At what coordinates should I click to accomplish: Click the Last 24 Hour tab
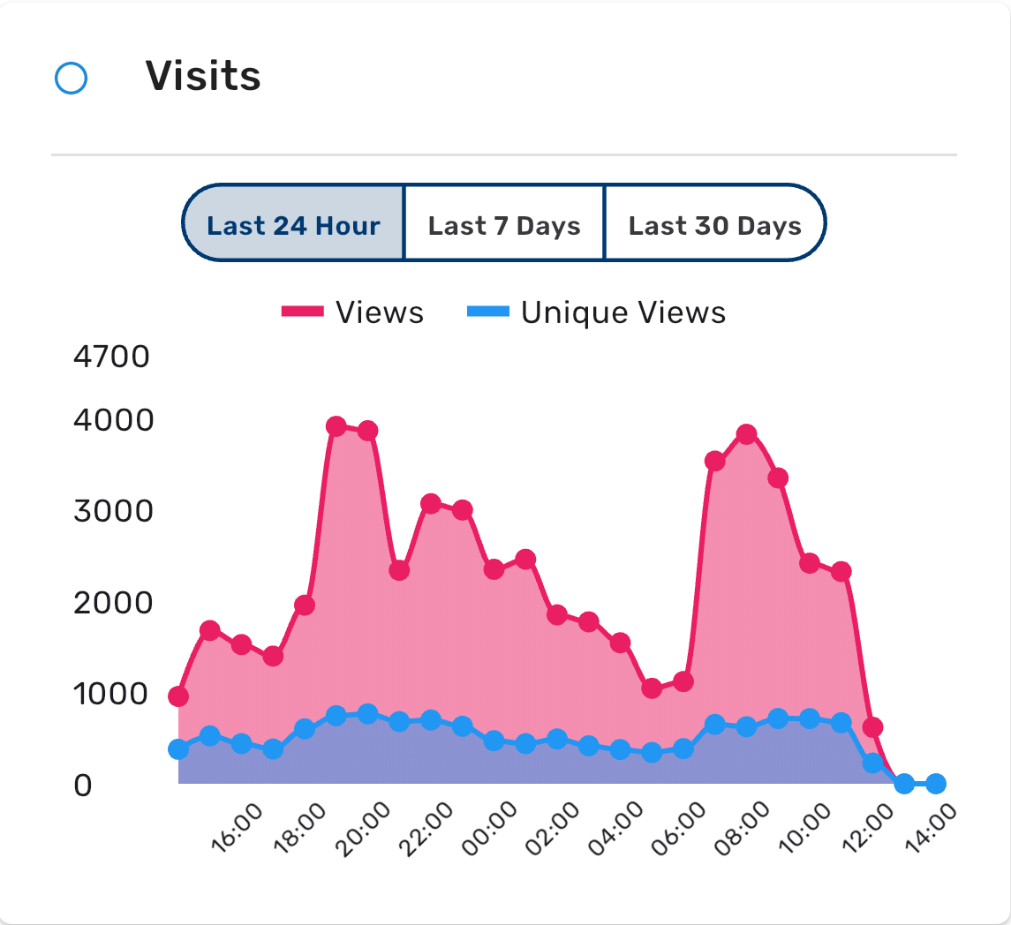tap(293, 225)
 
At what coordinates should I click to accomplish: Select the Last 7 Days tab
tap(504, 225)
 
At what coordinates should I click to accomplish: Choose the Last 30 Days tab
tap(714, 225)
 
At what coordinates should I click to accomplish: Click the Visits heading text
tap(203, 77)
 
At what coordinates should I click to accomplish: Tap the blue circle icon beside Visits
tap(71, 79)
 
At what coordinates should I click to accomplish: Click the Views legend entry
tap(353, 312)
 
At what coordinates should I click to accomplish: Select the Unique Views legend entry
tap(596, 312)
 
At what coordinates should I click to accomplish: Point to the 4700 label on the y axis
tap(112, 357)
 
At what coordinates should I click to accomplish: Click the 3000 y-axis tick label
tap(112, 512)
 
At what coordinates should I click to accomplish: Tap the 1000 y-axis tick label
tap(112, 695)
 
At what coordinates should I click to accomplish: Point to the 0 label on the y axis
tap(83, 786)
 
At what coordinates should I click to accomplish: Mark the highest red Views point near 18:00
tap(336, 426)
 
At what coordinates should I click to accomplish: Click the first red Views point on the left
tap(178, 696)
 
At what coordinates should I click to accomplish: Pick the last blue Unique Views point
tap(936, 784)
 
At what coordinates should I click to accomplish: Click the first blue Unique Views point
tap(178, 749)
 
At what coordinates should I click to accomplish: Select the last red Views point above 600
tap(872, 727)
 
